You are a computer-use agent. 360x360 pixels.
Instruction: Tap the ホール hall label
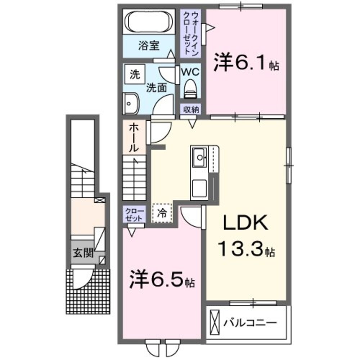(x=134, y=138)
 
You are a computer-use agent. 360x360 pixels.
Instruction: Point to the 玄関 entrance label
(x=83, y=253)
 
